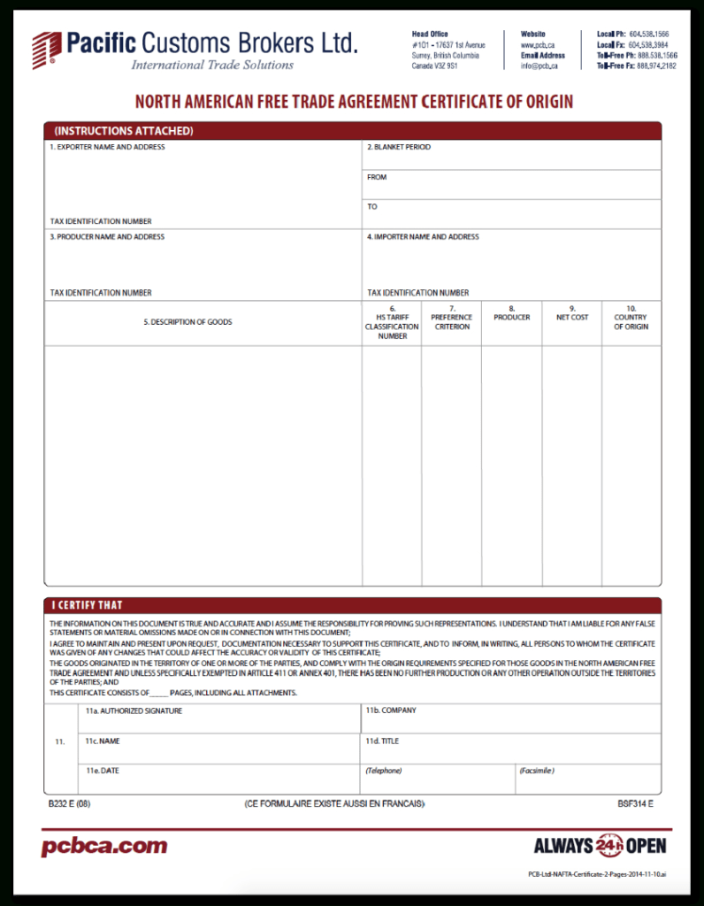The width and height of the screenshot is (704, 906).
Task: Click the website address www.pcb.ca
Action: tap(538, 44)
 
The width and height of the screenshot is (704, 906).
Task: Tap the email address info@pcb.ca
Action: tap(539, 65)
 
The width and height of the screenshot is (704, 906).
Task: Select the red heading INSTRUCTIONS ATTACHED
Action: tap(123, 131)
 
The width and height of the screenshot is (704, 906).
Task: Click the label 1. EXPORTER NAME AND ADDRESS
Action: tap(107, 147)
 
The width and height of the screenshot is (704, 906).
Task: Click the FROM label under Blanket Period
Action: tap(377, 177)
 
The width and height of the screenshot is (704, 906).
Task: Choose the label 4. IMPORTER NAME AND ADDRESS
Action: tap(423, 237)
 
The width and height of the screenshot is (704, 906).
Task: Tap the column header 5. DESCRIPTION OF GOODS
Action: tap(187, 322)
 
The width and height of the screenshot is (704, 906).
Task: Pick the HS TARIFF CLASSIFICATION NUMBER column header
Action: tap(392, 322)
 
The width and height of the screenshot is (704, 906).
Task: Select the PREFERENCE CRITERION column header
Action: tap(451, 318)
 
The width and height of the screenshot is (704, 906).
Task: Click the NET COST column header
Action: tap(572, 317)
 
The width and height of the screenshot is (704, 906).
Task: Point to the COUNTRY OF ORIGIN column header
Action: tap(631, 318)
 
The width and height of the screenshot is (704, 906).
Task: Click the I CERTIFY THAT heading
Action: tap(87, 605)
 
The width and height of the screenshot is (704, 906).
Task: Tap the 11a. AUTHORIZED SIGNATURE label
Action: tap(134, 710)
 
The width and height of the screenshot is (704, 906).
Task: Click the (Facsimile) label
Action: tap(537, 771)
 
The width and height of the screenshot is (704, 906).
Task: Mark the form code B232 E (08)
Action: tap(70, 804)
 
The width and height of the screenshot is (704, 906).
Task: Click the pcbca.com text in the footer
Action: tap(104, 847)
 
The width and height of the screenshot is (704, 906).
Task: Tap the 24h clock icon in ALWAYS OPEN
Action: tap(609, 846)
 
